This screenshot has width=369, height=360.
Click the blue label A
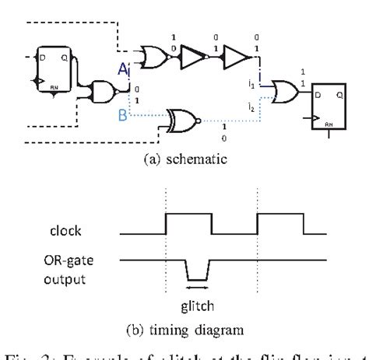tap(122, 71)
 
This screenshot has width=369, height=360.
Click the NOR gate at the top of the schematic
tap(149, 54)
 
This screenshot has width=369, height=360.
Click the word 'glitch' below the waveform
tap(196, 306)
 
